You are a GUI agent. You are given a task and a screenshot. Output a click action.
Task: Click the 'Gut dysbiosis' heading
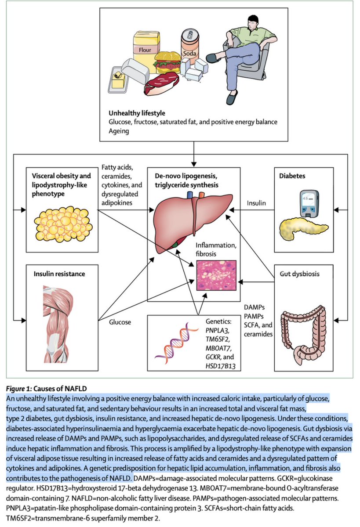click(x=299, y=274)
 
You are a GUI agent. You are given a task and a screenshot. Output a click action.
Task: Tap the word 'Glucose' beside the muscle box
click(x=120, y=322)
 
